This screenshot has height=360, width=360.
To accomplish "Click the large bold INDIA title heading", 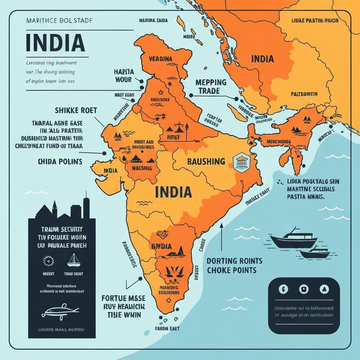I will tap(55, 42).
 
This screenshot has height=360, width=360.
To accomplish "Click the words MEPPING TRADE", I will tap(211, 86).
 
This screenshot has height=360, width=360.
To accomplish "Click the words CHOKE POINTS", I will tap(231, 270).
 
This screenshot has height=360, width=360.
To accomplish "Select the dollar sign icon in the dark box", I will tap(283, 289).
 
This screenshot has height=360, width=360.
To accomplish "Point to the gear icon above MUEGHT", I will tap(47, 261).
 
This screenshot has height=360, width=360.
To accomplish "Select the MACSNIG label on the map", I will tap(142, 168).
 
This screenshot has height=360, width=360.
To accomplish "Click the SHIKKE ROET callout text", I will tap(76, 110).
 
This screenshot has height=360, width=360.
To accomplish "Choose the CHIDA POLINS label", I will tap(59, 162).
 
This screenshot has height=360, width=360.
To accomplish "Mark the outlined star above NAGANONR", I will tap(161, 92).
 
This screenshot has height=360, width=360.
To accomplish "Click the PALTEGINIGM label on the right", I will tap(304, 94).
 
